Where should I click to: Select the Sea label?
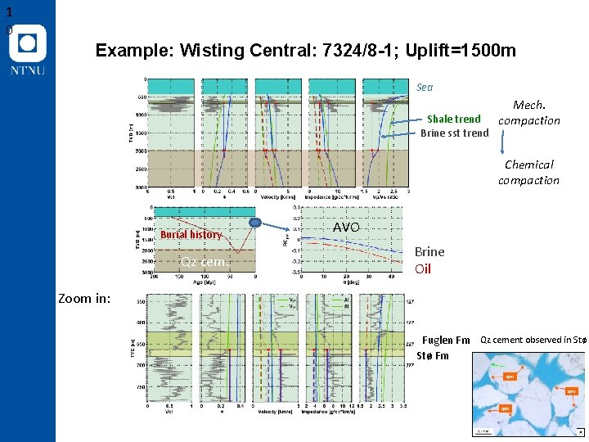(425, 87)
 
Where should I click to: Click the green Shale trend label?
(454, 119)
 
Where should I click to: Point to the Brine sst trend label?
(454, 133)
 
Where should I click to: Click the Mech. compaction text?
(529, 113)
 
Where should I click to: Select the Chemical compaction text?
(529, 172)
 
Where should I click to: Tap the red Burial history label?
(191, 234)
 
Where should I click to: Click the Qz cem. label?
(204, 262)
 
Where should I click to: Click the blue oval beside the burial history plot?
(256, 223)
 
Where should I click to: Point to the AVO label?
(346, 227)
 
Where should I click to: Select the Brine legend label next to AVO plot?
(429, 252)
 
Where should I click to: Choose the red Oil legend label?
(423, 268)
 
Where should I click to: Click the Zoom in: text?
(84, 298)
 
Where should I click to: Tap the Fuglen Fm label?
(446, 341)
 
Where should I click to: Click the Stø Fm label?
(433, 355)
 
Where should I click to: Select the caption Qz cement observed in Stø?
(533, 340)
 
